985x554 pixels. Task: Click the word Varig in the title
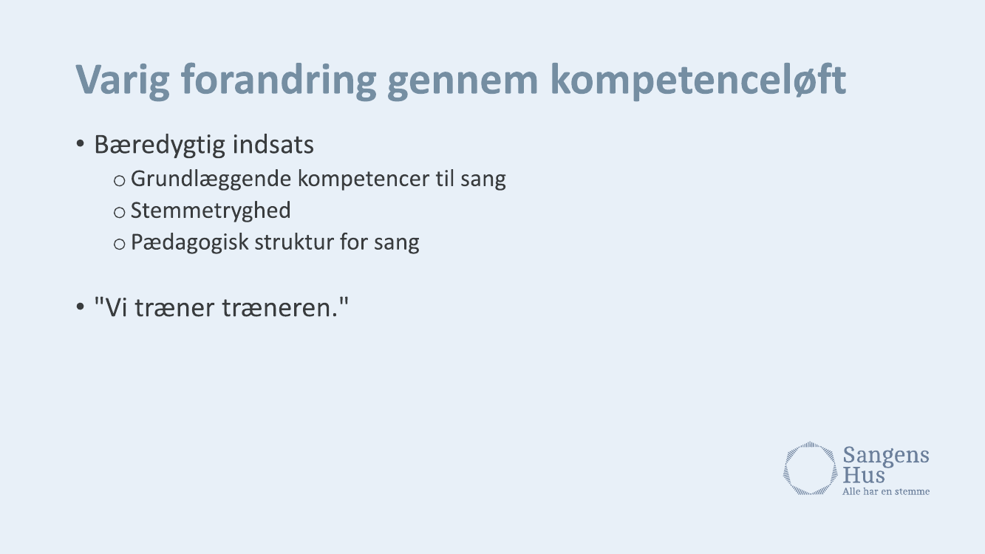(x=123, y=81)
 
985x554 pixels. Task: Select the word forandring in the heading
(x=279, y=81)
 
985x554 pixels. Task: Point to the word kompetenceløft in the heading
(x=698, y=81)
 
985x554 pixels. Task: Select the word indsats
(x=273, y=144)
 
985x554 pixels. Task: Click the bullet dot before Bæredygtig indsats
(x=80, y=144)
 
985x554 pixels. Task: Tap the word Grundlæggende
(x=211, y=179)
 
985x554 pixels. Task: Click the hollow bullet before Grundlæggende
(x=119, y=181)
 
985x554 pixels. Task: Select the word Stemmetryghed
(x=211, y=211)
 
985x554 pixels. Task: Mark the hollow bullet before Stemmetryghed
(x=119, y=213)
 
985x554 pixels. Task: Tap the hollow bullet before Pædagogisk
(x=119, y=244)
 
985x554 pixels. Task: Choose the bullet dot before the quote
(x=80, y=307)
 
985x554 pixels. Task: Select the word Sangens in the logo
(x=886, y=456)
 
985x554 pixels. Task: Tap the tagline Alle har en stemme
(x=886, y=491)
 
